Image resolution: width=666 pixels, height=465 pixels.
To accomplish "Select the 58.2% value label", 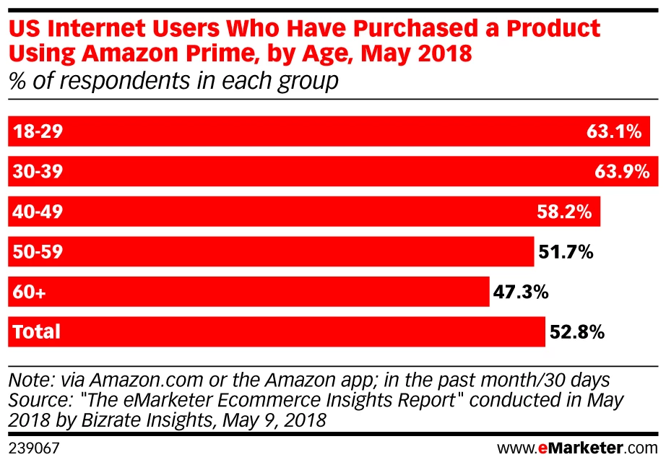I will (x=566, y=212).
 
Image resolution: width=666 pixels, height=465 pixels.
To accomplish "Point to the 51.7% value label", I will (x=566, y=252).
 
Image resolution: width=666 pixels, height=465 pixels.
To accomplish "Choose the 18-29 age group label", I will (x=37, y=132).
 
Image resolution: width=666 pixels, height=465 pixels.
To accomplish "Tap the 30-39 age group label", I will (x=37, y=172).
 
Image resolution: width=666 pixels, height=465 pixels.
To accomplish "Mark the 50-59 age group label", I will (x=37, y=252).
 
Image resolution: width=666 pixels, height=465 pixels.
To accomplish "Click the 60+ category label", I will (x=28, y=292).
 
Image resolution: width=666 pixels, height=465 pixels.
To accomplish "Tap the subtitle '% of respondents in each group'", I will (x=173, y=80).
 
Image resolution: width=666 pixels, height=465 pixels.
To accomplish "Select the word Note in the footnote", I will (x=28, y=379).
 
